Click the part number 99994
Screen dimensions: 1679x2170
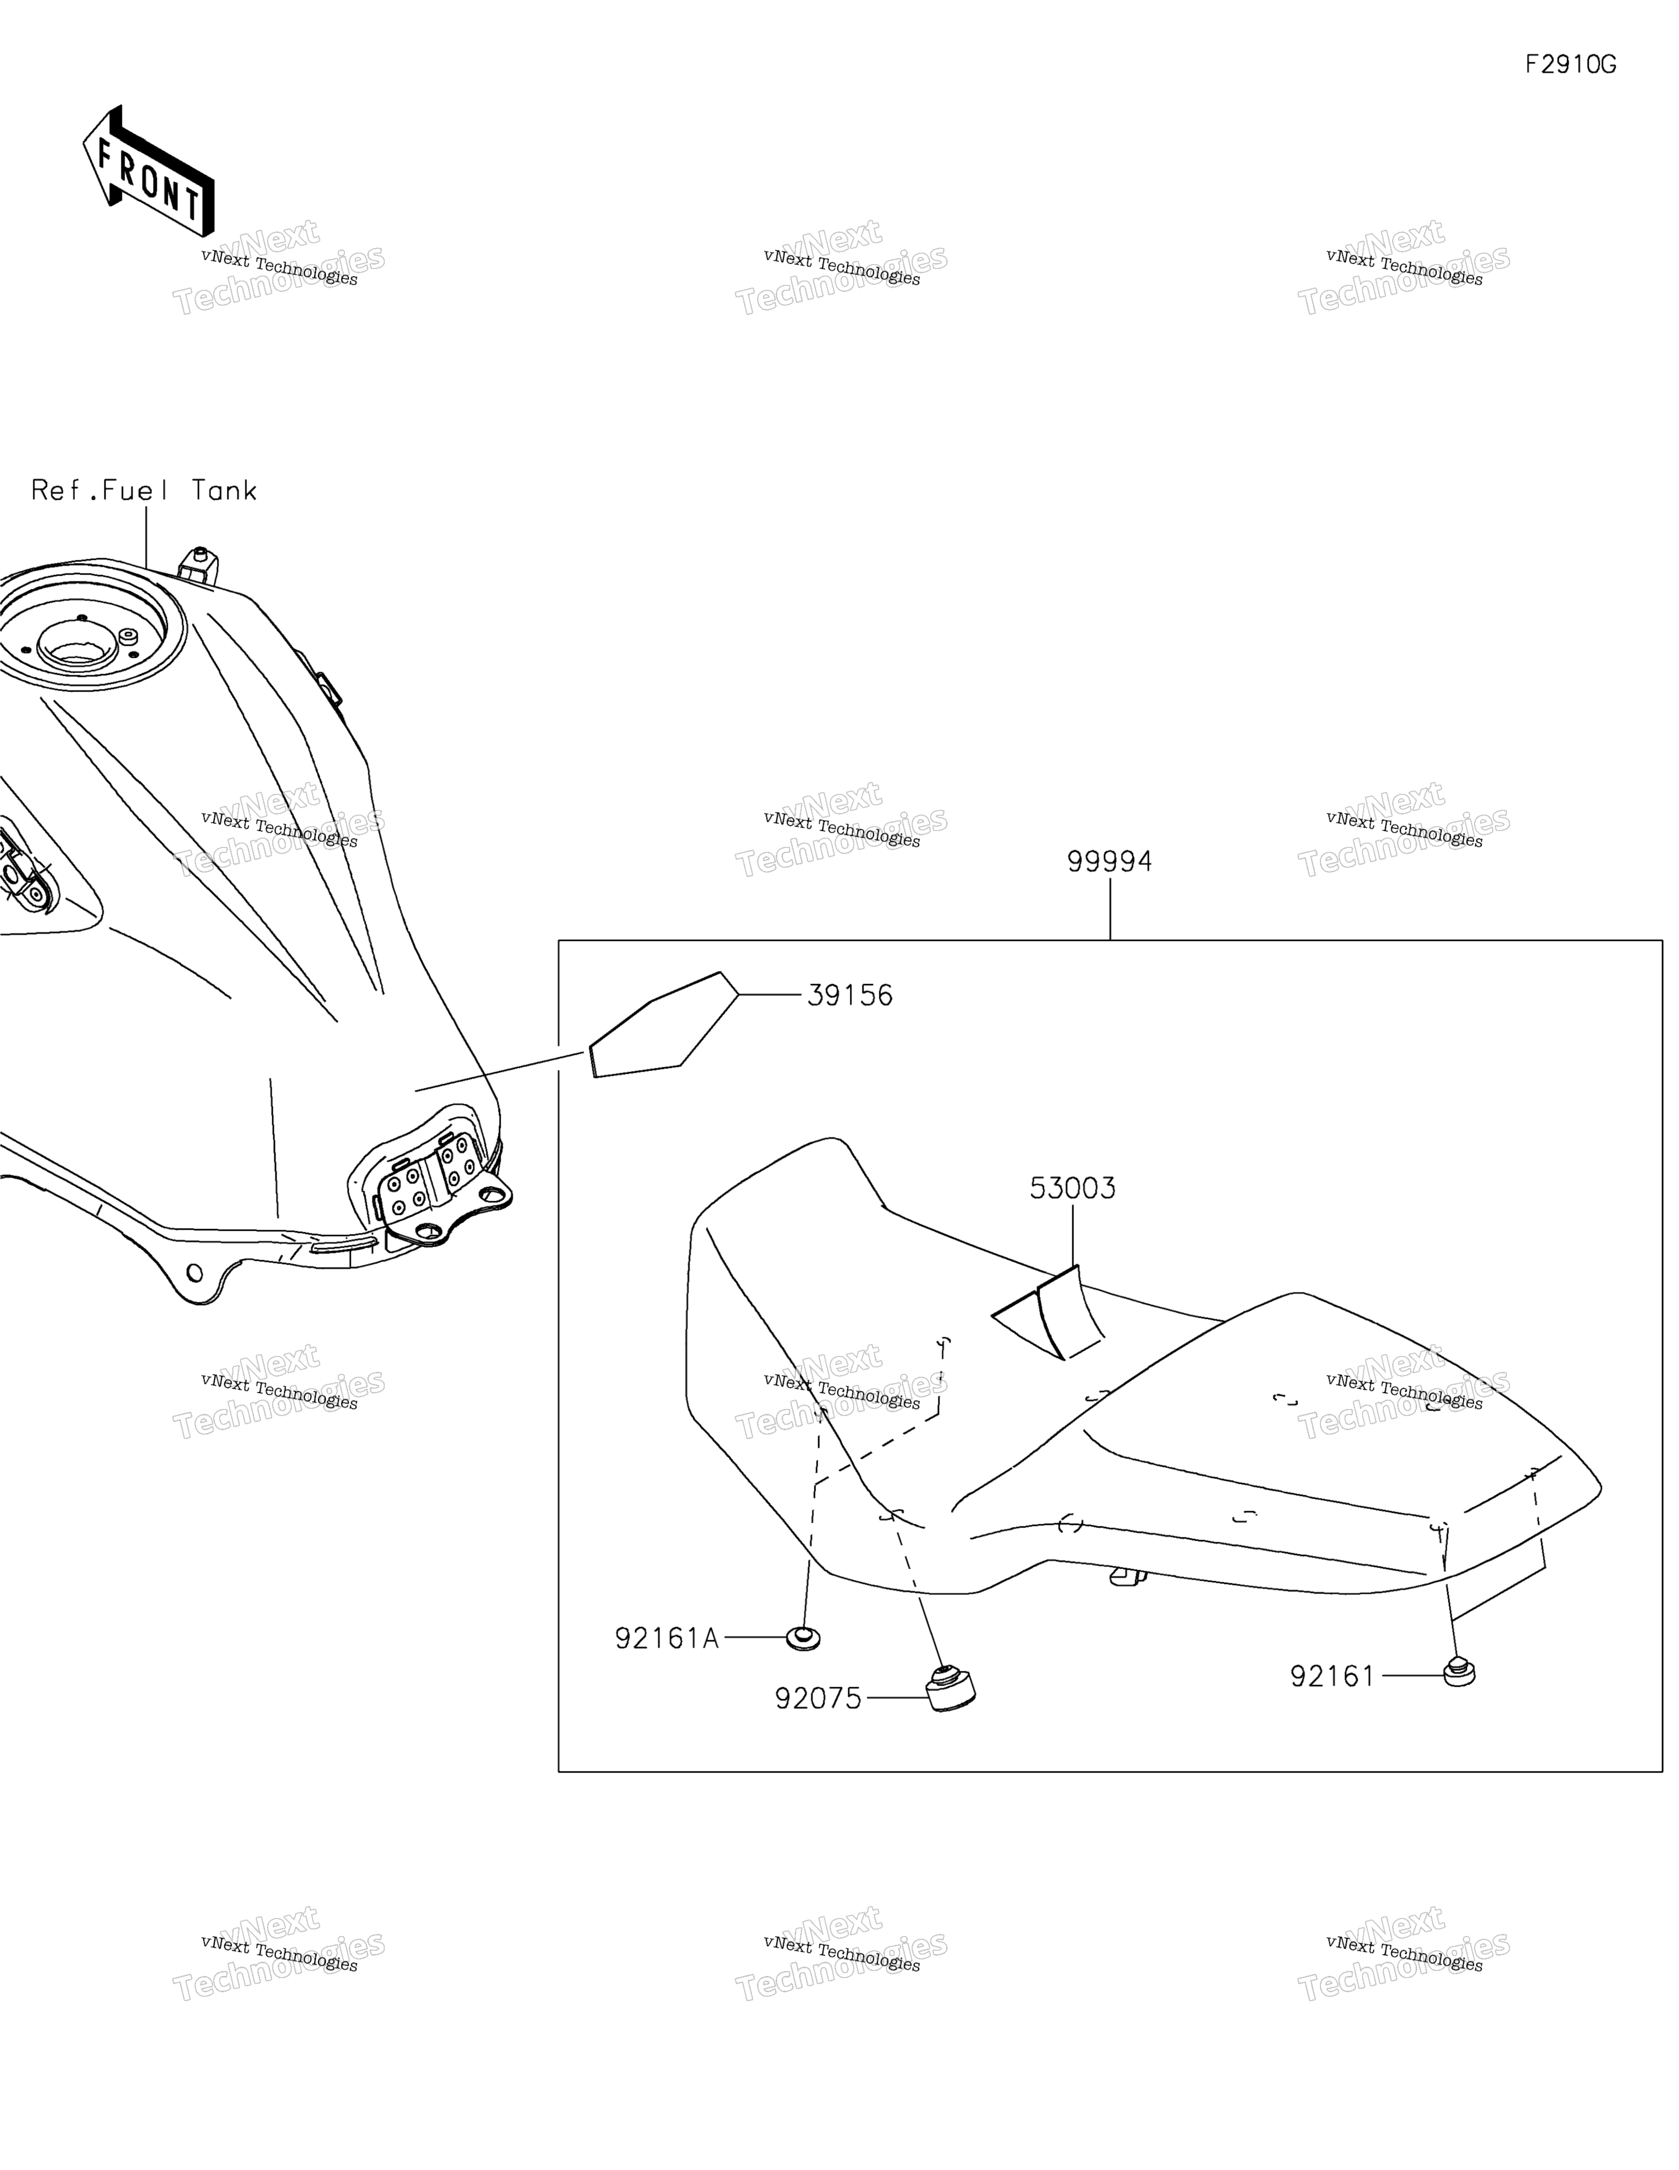coord(1109,862)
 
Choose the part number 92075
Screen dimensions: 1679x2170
coord(818,1699)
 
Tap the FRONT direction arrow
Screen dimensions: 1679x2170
coord(149,171)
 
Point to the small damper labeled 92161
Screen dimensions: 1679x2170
coord(1458,1672)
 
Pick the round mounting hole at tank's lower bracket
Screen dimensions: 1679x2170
coord(193,1273)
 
